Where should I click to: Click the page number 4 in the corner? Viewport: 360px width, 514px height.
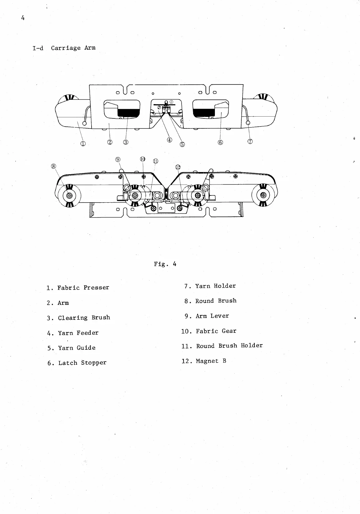click(x=22, y=18)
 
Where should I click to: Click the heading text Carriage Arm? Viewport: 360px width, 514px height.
click(x=73, y=48)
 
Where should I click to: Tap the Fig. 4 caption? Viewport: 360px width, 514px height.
click(x=165, y=264)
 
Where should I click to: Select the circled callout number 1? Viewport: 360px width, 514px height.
click(x=83, y=144)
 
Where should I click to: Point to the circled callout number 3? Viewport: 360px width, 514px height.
click(x=126, y=142)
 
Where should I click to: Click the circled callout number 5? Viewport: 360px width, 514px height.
click(x=182, y=144)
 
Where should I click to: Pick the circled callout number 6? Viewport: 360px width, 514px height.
click(x=220, y=142)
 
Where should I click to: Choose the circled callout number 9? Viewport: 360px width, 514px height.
click(x=118, y=159)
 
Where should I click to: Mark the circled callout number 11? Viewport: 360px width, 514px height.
click(x=155, y=161)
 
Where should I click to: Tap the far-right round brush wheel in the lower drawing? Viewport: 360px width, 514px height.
click(x=263, y=195)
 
